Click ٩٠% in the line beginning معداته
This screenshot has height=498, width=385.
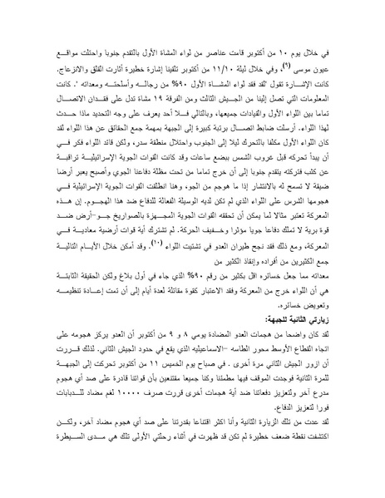pyautogui.click(x=219, y=303)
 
